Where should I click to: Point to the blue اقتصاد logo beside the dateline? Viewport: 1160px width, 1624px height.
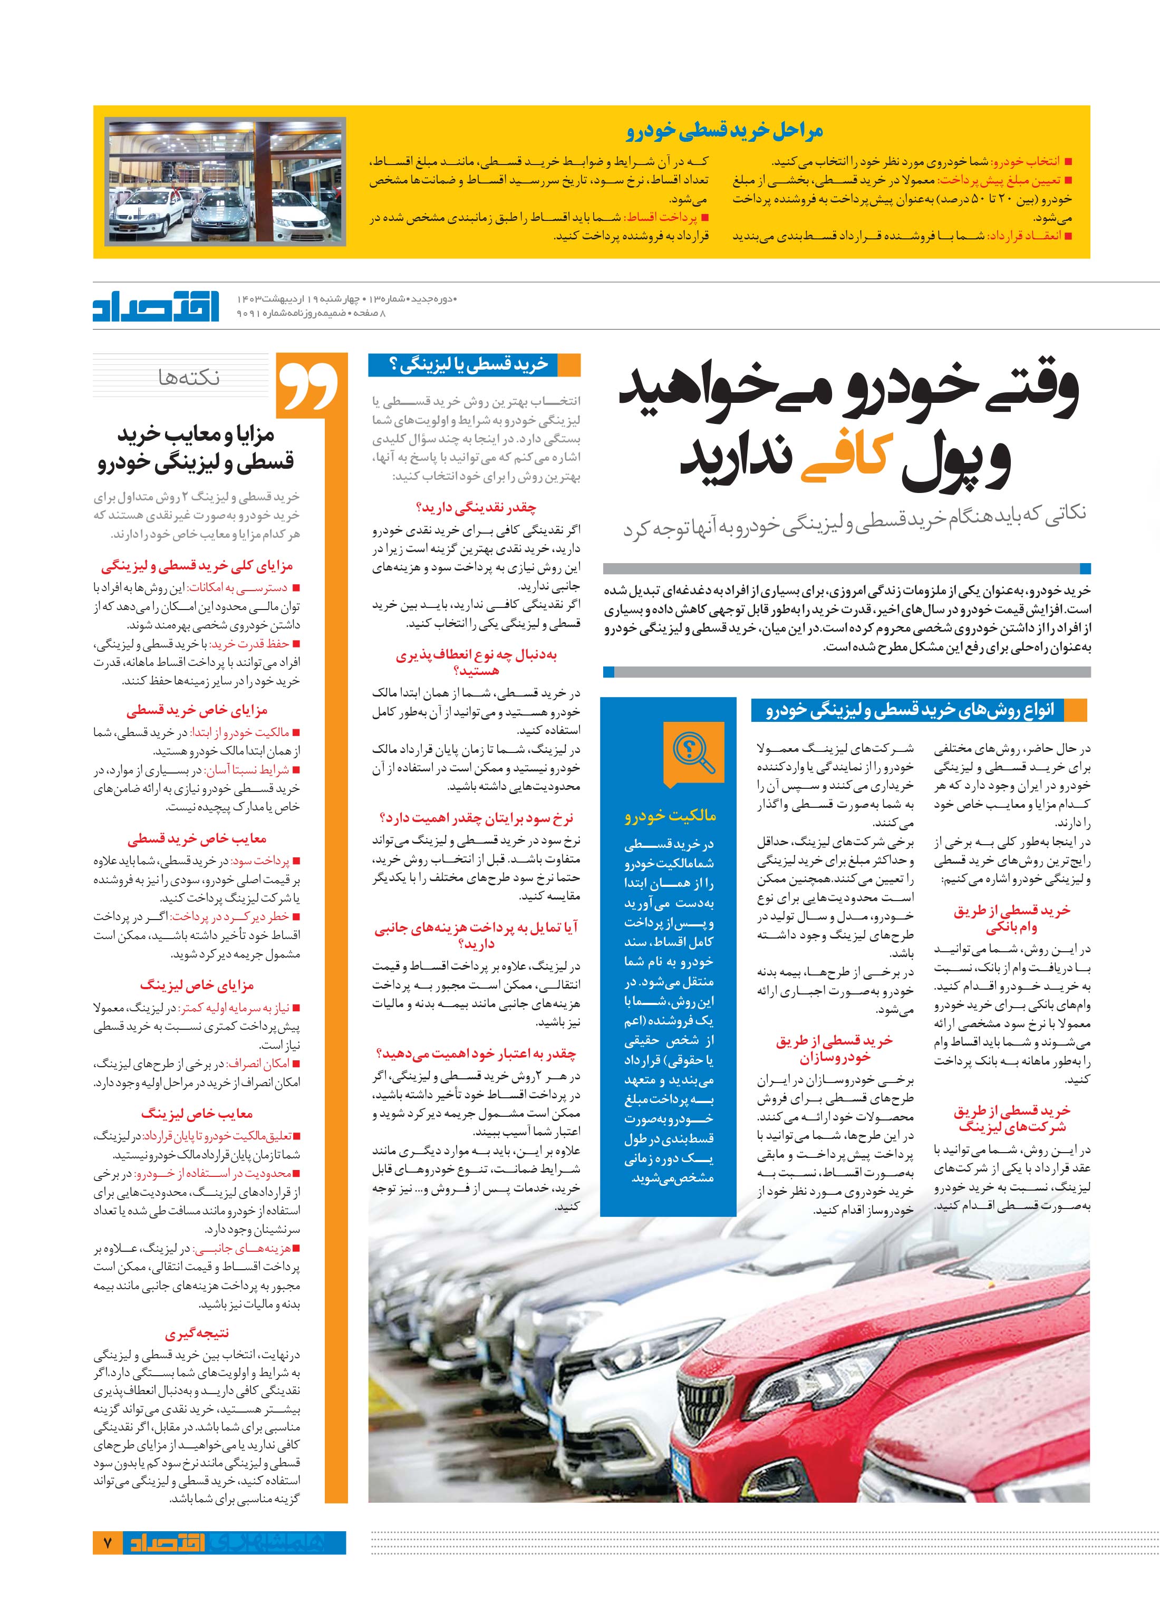(x=158, y=306)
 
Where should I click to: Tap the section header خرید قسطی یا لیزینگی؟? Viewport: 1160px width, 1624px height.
(x=469, y=365)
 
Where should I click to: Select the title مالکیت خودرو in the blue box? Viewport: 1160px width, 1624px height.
(x=669, y=816)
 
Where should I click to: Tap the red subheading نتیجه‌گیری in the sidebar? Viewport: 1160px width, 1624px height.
(x=197, y=1334)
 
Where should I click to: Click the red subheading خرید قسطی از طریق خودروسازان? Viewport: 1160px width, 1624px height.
(x=834, y=1049)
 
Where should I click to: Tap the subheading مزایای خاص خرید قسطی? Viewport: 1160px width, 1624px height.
(x=197, y=711)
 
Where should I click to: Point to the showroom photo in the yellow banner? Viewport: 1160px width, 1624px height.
(x=226, y=182)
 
